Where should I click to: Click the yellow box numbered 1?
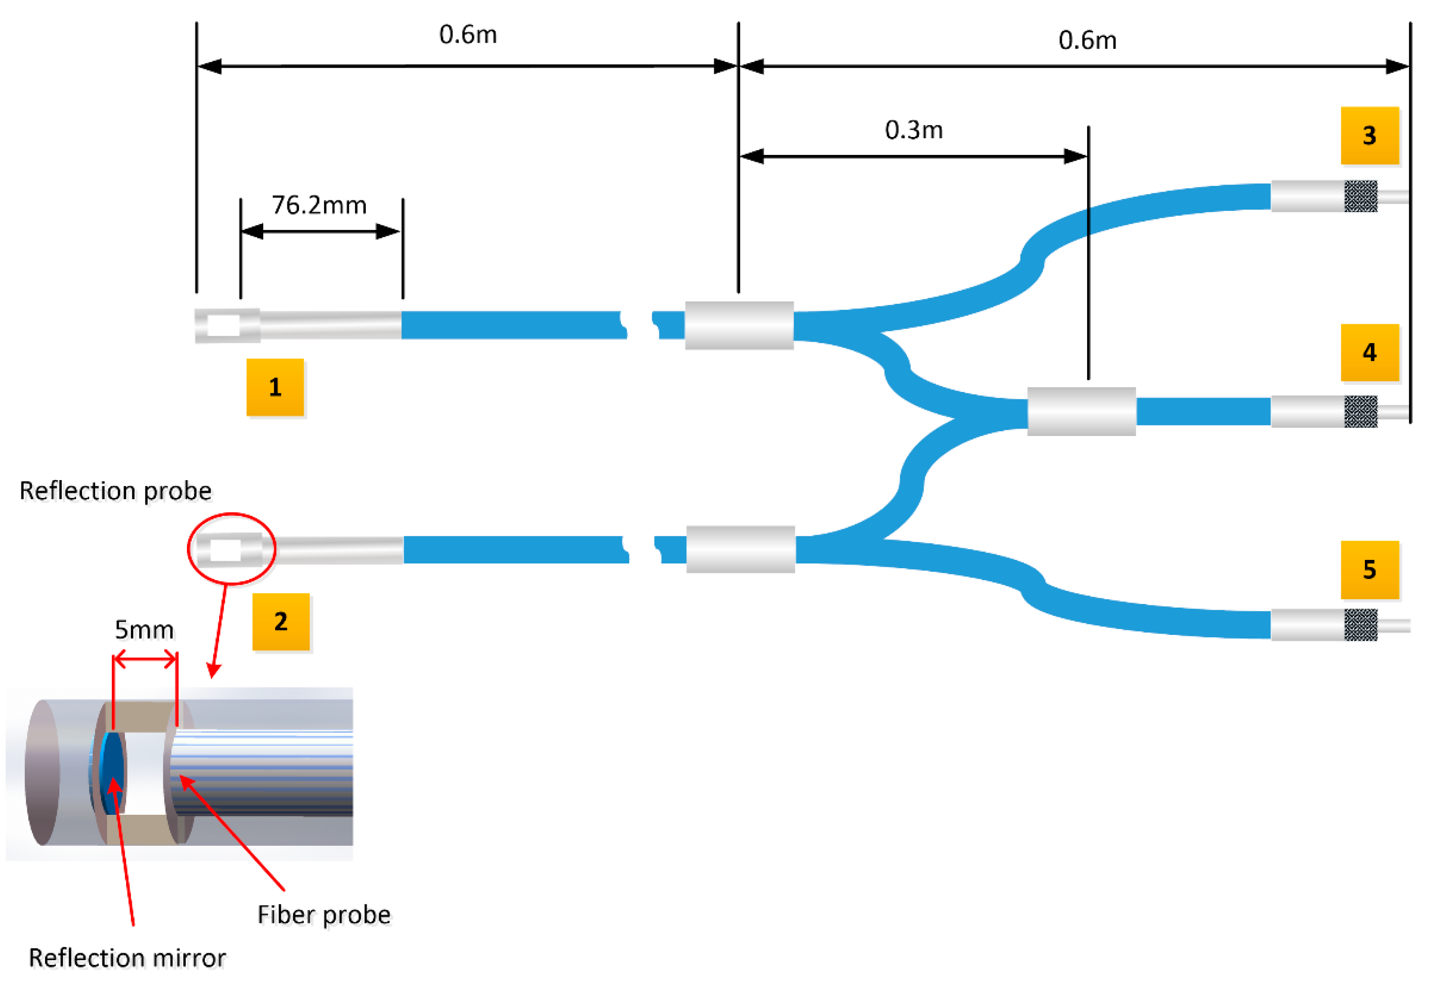(x=275, y=387)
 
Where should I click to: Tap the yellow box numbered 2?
(x=281, y=621)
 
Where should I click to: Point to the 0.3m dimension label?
(x=913, y=130)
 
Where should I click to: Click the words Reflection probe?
(x=115, y=491)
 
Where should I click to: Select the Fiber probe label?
(x=324, y=915)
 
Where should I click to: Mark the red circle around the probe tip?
(x=231, y=515)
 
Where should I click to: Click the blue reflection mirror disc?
(x=112, y=772)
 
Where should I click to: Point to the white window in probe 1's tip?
(x=224, y=326)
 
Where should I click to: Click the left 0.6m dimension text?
(x=468, y=34)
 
